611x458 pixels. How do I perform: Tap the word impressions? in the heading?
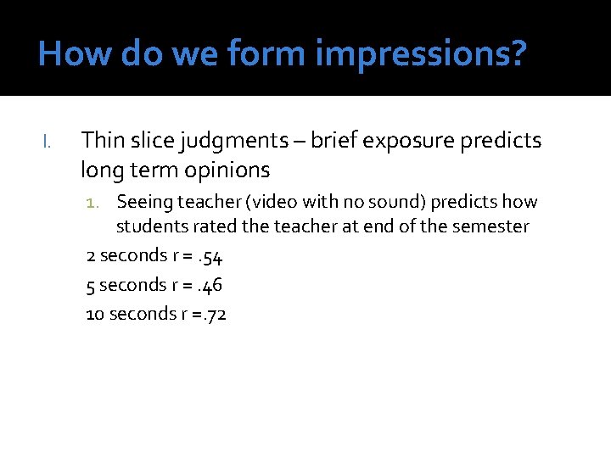coord(421,54)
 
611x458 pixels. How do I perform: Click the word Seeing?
coord(143,202)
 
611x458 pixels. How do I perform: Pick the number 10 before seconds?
coord(95,314)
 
